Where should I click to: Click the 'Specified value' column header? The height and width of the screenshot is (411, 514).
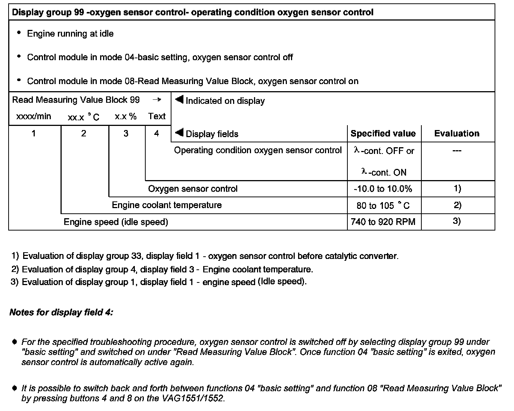(x=383, y=134)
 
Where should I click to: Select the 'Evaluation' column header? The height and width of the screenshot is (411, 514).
(x=456, y=134)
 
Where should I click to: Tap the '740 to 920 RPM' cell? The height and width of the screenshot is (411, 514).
(x=383, y=222)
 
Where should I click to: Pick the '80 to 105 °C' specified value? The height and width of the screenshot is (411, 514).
(x=383, y=205)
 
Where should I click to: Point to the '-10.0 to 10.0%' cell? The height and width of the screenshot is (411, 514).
(x=383, y=189)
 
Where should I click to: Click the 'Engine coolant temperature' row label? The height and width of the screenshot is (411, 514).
(x=167, y=205)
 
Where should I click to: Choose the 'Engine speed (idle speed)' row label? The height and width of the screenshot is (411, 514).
(x=116, y=222)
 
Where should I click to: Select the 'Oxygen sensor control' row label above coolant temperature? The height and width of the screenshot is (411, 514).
(x=193, y=189)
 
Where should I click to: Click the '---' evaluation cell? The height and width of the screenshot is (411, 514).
(x=456, y=151)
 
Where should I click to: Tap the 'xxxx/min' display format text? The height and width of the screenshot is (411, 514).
(x=34, y=117)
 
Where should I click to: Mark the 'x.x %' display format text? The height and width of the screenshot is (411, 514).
(x=126, y=117)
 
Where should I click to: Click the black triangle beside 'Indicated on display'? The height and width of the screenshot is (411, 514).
(x=179, y=100)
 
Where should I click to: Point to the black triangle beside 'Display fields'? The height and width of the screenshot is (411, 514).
(x=179, y=133)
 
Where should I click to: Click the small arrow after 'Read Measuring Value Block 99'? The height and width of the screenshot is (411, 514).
(x=157, y=100)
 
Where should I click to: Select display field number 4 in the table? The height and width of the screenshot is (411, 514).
(x=157, y=133)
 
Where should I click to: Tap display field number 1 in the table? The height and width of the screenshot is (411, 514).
(x=34, y=133)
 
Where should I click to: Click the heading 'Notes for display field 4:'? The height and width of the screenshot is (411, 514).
(x=61, y=312)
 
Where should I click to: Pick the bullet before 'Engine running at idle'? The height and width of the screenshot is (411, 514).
(x=19, y=33)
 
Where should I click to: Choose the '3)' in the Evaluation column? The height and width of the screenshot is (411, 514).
(x=456, y=221)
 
